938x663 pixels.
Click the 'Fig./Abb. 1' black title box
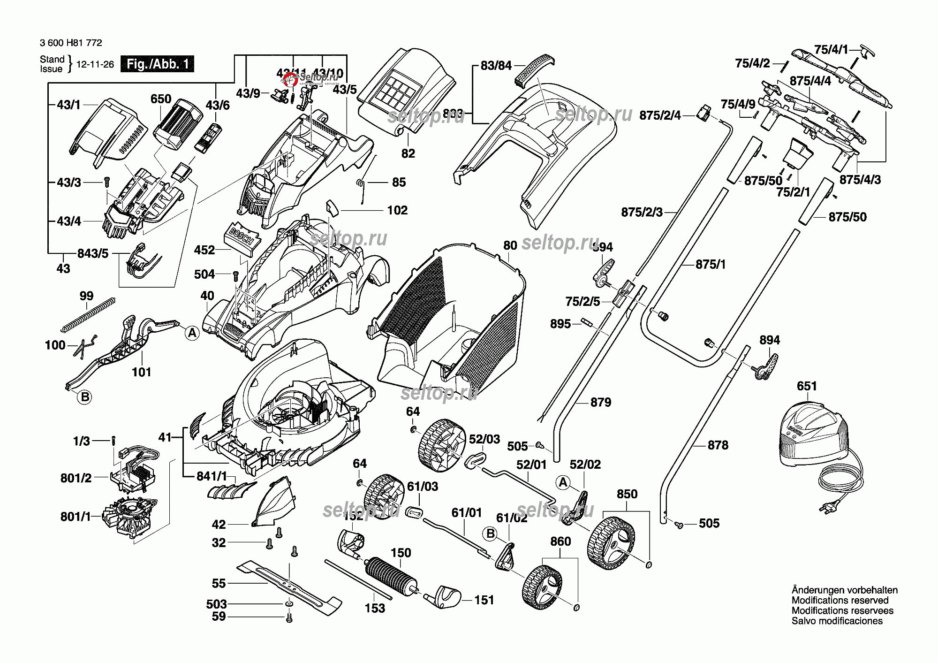pos(157,64)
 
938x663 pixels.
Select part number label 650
pos(160,99)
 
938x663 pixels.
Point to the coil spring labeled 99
pos(88,315)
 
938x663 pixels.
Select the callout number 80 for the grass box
pos(510,245)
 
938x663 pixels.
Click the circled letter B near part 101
pos(85,397)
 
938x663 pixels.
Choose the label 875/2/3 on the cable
pos(642,212)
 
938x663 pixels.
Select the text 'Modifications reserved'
pos(840,600)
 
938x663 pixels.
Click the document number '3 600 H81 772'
pos(71,43)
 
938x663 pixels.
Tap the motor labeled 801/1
pos(130,516)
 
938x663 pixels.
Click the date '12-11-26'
pos(95,64)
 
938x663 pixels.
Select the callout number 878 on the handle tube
pos(718,445)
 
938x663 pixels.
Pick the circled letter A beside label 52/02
pos(563,482)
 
